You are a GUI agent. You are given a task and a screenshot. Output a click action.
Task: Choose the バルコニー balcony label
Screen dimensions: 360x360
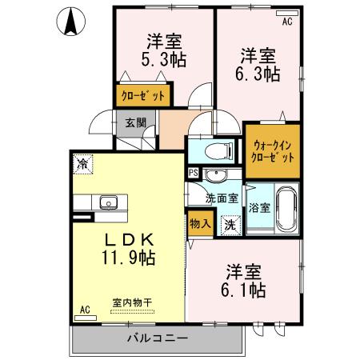157,338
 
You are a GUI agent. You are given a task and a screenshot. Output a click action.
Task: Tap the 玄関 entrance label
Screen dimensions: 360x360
134,123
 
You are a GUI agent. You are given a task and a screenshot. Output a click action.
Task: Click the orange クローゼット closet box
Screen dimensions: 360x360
144,95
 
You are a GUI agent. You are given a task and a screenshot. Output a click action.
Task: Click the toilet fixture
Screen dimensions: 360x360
217,150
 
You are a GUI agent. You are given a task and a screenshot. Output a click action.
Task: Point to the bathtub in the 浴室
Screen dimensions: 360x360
284,209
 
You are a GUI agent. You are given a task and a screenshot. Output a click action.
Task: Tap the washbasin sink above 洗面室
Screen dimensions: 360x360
214,177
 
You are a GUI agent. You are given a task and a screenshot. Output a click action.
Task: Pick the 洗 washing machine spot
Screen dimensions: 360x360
230,226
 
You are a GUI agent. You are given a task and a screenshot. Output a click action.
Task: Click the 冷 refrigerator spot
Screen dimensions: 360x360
82,164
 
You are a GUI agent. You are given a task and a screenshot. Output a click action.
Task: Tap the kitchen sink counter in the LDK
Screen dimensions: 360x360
106,202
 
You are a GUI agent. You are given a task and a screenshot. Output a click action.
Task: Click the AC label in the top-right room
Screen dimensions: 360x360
287,22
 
